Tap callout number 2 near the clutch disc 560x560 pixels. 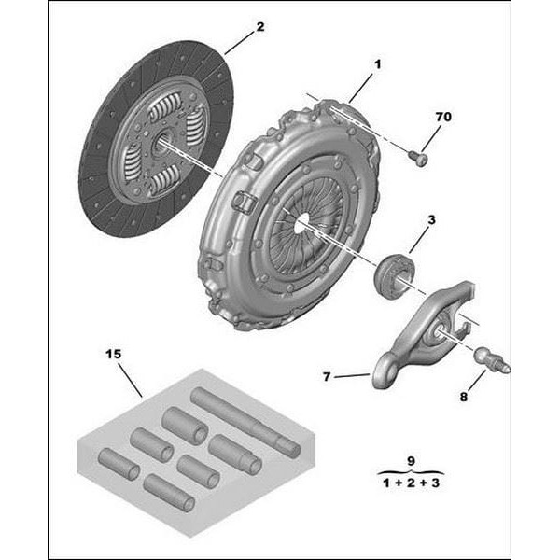(259, 27)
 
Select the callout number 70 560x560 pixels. (442, 118)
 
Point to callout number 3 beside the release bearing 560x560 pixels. (431, 220)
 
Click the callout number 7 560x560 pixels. (328, 377)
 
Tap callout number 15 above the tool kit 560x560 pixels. (113, 355)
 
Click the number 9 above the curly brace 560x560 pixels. (411, 460)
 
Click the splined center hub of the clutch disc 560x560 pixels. (161, 143)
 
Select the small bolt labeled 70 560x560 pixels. (419, 160)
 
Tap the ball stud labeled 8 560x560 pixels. (489, 359)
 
